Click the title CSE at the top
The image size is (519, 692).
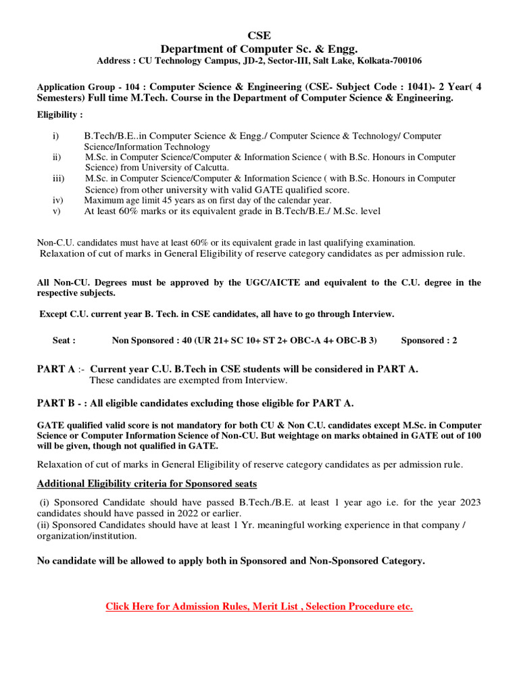259,36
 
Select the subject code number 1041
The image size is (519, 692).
381,86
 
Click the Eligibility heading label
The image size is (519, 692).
59,115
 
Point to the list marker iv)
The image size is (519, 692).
57,200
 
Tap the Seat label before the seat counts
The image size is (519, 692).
64,341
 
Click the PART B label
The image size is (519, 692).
56,403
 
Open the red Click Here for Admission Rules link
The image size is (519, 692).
259,606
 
